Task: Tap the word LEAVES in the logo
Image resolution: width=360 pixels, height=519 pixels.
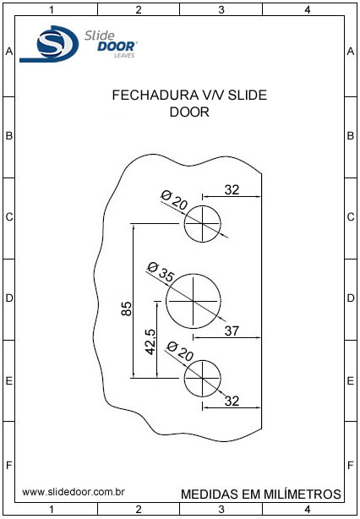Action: click(x=124, y=56)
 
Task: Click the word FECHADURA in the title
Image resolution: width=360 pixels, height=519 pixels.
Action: click(x=154, y=96)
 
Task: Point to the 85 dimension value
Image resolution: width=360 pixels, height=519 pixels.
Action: click(x=127, y=309)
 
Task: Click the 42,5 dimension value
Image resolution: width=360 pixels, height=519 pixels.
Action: click(x=151, y=342)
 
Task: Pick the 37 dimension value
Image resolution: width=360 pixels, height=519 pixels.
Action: click(x=232, y=331)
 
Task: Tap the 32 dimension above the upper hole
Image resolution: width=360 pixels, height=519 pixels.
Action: click(x=232, y=190)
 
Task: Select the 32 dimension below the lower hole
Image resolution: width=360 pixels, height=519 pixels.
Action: click(x=232, y=401)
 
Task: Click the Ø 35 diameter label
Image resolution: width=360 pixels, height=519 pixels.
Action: click(x=161, y=271)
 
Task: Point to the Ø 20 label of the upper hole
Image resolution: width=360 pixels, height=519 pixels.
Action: click(x=174, y=200)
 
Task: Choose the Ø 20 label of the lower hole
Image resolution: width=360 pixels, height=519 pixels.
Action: click(x=180, y=351)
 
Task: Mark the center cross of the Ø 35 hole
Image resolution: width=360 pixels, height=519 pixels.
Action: click(x=193, y=301)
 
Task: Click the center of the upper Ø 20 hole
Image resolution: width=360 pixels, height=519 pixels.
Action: click(x=202, y=224)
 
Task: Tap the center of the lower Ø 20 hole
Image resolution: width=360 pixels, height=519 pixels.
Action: click(x=202, y=378)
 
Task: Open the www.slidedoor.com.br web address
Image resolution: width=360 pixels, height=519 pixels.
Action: click(x=74, y=492)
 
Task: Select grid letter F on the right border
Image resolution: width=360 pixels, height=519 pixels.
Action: click(x=351, y=466)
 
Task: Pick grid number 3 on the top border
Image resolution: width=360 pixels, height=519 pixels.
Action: click(x=221, y=10)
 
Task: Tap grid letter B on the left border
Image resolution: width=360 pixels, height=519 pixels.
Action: click(x=9, y=136)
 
